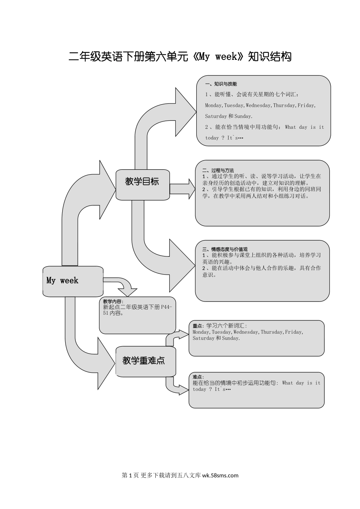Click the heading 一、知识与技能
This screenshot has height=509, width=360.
(221, 84)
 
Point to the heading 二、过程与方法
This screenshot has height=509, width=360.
(218, 170)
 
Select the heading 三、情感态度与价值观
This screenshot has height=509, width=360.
(225, 249)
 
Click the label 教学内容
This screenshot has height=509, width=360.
(113, 301)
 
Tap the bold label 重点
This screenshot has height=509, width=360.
(198, 326)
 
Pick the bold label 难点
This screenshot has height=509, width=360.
(198, 377)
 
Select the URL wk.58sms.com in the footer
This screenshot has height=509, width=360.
(221, 475)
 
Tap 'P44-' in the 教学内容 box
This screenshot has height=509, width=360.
(166, 307)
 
